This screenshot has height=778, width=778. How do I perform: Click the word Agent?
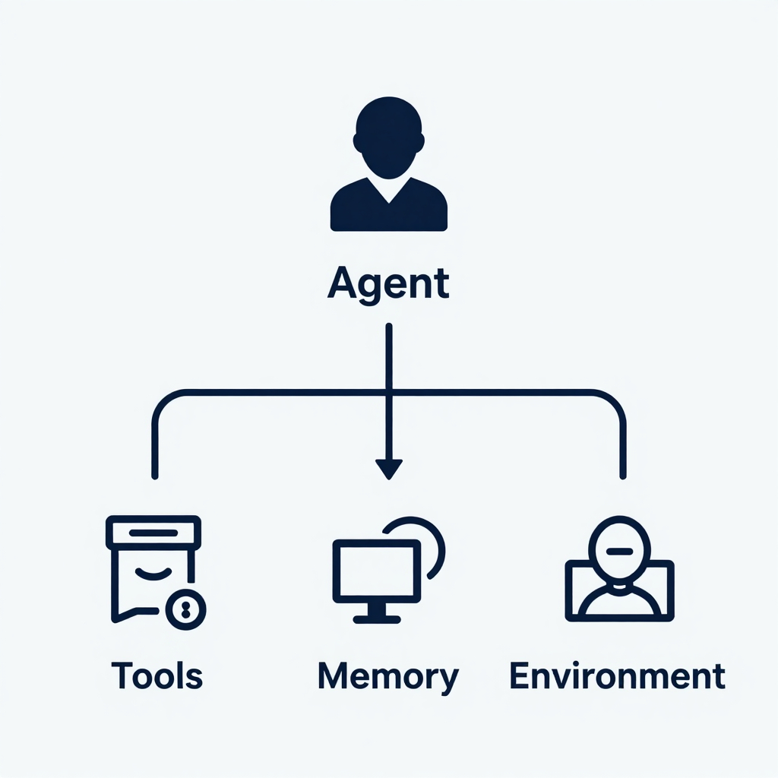pos(388,284)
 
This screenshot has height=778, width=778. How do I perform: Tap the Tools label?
pos(157,675)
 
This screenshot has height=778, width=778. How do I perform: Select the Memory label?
pos(388,676)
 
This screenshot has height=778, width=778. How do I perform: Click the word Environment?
pos(617,675)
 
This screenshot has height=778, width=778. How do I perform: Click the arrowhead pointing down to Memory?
pos(388,468)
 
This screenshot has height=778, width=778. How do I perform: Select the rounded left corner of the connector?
pos(164,401)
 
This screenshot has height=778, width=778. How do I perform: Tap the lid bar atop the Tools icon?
pos(153,531)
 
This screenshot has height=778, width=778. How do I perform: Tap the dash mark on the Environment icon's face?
pos(620,549)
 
